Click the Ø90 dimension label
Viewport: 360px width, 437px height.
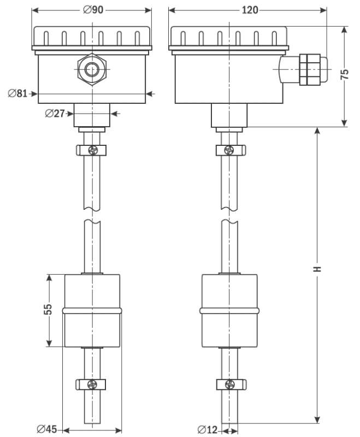92,10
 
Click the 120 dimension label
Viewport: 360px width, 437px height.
248,10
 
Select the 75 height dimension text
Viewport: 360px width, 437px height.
345,75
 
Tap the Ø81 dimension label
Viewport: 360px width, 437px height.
17,93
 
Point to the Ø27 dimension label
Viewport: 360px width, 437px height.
55,114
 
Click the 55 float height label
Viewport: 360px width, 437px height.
48,310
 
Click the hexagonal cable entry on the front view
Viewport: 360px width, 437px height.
91,69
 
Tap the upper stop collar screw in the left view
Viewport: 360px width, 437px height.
92,149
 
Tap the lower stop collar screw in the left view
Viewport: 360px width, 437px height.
92,384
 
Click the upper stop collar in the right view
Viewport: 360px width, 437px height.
230,149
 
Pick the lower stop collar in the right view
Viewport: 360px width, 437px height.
230,384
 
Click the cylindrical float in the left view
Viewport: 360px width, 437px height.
92,310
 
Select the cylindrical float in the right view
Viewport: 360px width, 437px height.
229,310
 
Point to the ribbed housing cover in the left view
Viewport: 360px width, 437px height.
92,38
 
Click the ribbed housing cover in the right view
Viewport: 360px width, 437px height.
229,38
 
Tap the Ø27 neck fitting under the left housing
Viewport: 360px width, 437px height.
92,115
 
